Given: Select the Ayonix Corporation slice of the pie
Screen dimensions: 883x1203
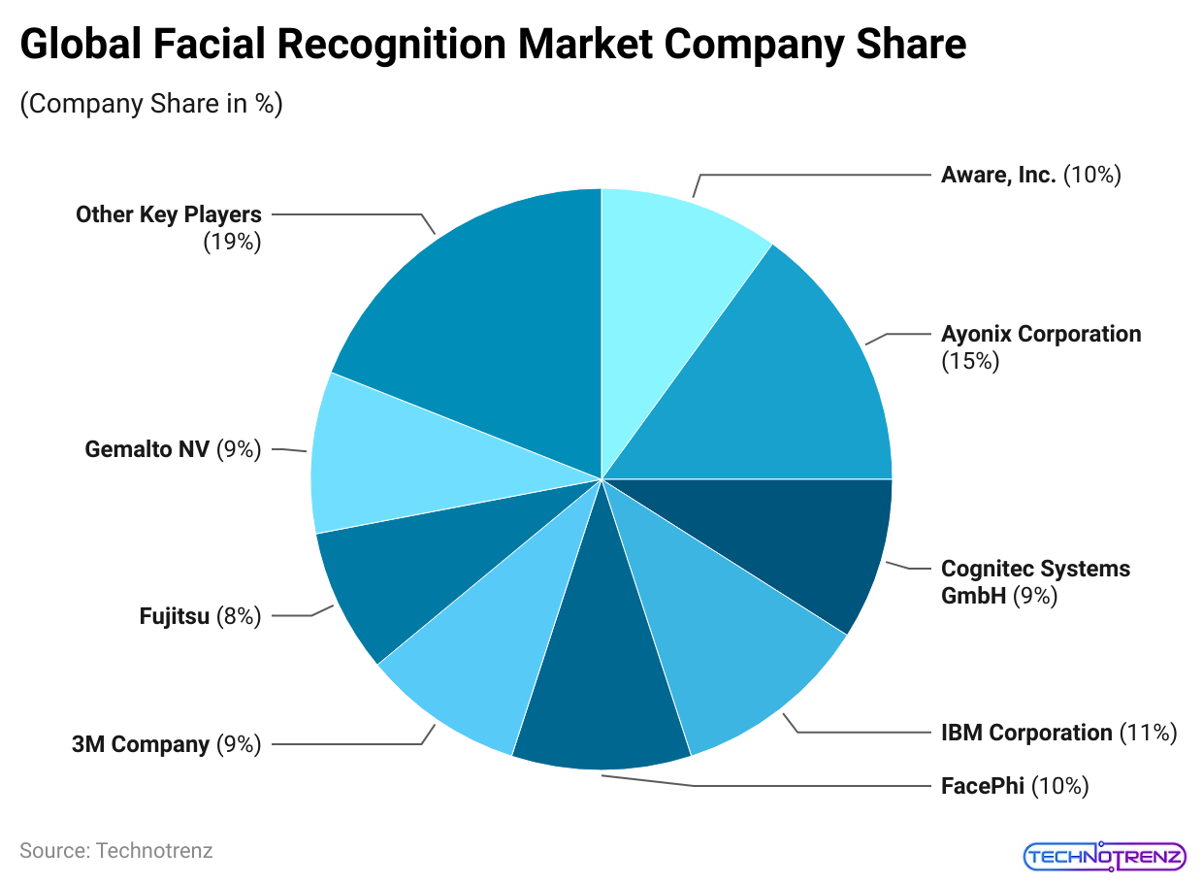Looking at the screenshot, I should pos(786,388).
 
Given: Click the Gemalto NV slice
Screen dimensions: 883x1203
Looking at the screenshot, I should pos(388,466).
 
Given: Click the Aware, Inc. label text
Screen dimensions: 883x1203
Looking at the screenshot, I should pos(998,176).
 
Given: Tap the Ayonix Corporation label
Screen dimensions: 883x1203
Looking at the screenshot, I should pos(1041,335).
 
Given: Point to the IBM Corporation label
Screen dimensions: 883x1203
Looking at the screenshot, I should pos(1026,733).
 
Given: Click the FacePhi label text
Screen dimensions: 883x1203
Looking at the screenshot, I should pos(983,786).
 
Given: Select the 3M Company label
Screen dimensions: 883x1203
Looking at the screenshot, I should pos(141,744).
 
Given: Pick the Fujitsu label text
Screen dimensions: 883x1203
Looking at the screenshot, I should pos(175,616).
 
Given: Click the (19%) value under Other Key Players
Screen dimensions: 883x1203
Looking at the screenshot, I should pos(232,243).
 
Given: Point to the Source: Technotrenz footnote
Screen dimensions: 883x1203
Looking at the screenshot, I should pos(116,851).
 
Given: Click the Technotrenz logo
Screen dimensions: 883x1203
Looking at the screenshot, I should pos(1104,856).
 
